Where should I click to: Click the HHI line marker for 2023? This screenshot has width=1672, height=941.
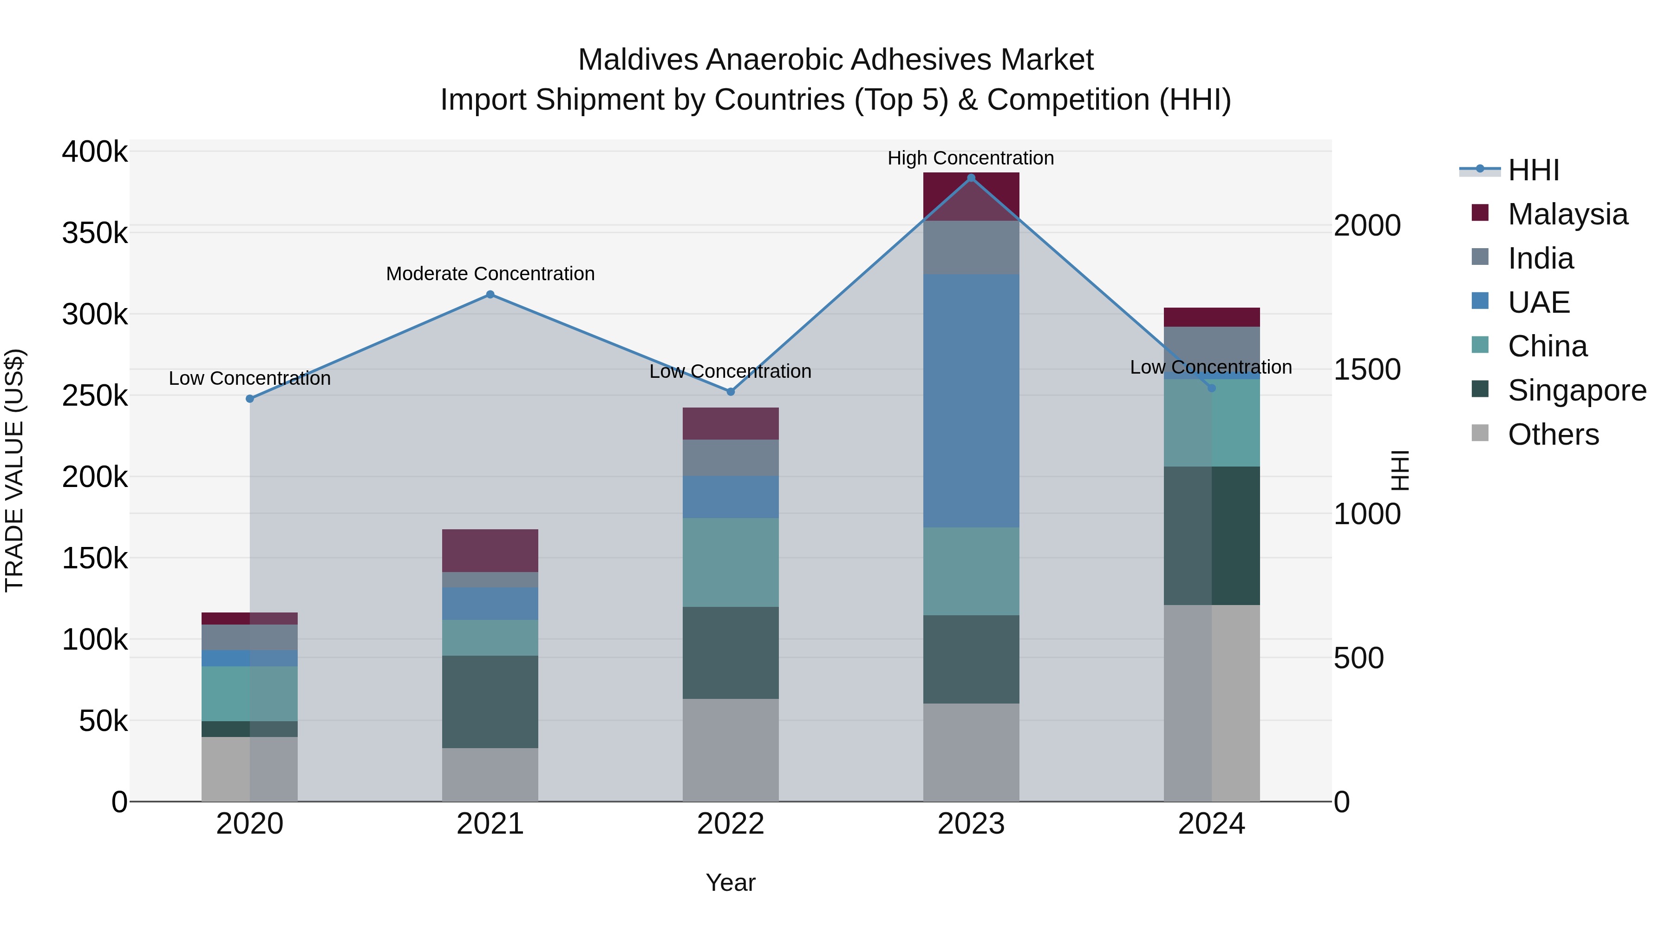971,178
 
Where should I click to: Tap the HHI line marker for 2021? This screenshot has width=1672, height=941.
490,295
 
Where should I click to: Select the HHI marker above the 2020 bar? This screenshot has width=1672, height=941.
250,399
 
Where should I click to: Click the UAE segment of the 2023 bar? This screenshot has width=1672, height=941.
971,401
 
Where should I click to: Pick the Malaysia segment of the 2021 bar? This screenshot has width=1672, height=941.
490,551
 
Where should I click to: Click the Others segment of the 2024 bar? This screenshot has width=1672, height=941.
1211,704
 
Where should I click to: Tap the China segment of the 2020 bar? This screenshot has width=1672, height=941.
250,694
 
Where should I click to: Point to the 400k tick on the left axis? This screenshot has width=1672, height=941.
95,152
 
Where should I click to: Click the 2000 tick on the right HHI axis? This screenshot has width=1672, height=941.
1367,226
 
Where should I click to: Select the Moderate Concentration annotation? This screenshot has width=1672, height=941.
490,273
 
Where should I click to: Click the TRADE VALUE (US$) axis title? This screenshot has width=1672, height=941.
15,470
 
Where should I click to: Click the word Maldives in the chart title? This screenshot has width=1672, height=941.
638,60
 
